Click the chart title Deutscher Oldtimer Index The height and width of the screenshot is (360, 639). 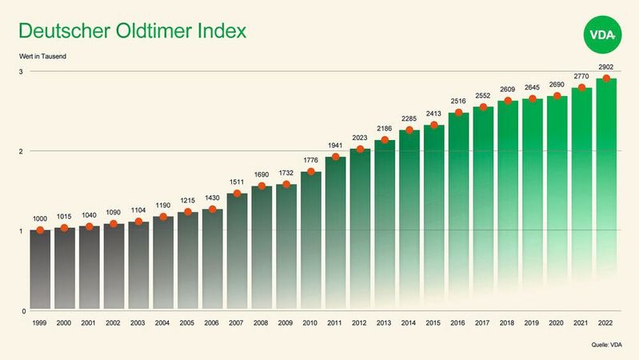[132, 32]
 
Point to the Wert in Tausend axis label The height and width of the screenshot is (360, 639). [43, 56]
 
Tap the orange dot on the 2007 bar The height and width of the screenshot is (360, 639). [237, 194]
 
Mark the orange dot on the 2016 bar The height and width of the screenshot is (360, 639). [458, 113]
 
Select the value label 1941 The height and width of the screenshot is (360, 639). [335, 146]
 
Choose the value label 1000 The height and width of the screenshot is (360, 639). [40, 218]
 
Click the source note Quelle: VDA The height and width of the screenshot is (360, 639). [606, 346]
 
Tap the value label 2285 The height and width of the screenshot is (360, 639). [409, 119]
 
